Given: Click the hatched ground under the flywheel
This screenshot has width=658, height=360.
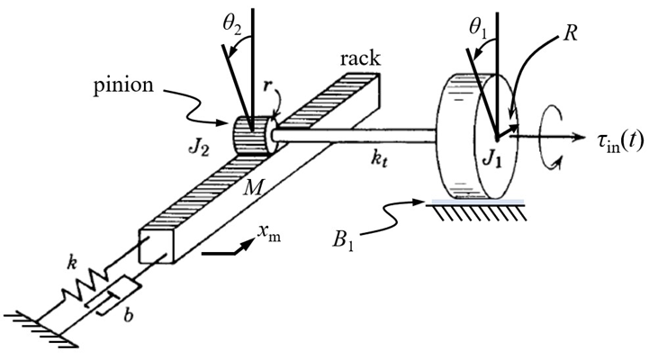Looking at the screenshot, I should coord(472,211).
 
